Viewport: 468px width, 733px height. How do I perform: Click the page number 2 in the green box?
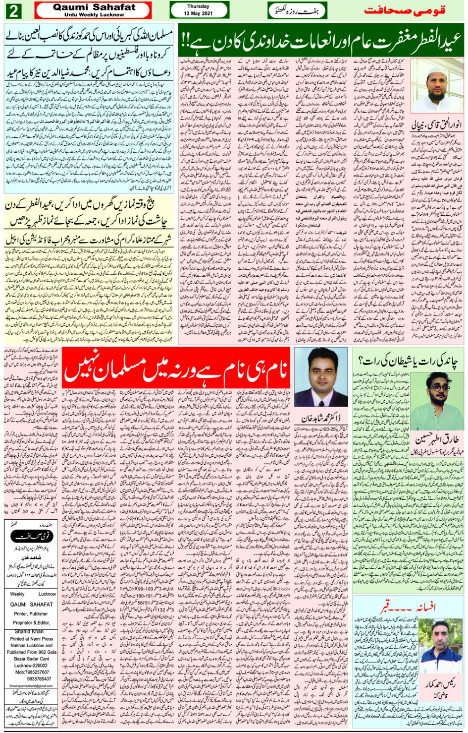13,10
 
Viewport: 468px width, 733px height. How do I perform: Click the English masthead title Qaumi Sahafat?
94,7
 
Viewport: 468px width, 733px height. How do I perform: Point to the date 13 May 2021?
198,13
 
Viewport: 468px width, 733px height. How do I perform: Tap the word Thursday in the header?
198,6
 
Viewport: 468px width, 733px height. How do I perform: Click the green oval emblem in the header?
291,10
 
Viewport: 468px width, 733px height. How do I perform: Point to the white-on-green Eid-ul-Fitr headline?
321,42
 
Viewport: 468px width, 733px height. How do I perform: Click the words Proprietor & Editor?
32,622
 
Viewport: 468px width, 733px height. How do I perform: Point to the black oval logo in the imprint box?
31,536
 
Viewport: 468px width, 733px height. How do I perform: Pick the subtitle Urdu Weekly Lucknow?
94,15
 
